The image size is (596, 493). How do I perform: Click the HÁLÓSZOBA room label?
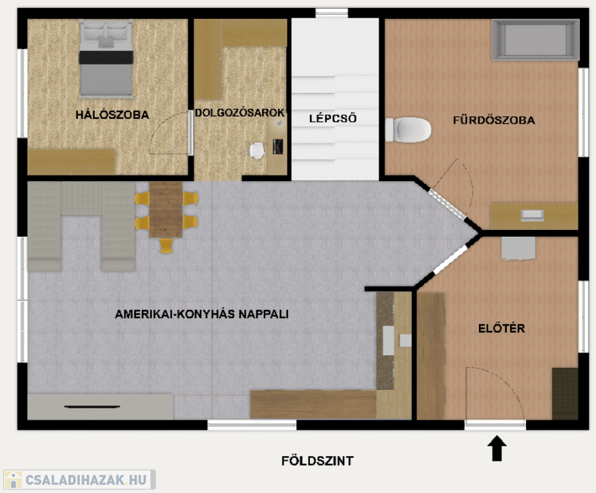click(x=112, y=115)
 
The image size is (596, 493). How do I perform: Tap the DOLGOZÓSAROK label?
click(x=239, y=112)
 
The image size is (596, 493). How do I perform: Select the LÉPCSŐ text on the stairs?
click(x=332, y=118)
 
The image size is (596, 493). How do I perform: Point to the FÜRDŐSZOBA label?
click(x=494, y=120)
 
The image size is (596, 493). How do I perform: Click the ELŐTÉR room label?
click(x=501, y=328)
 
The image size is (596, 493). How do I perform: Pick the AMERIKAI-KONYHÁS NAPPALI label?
click(x=201, y=314)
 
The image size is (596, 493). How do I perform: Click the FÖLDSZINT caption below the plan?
click(x=318, y=461)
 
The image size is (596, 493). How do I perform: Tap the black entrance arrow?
click(x=497, y=449)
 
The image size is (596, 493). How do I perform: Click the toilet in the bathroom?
click(x=408, y=130)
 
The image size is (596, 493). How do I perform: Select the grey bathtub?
click(x=535, y=40)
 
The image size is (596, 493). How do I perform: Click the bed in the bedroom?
click(x=106, y=59)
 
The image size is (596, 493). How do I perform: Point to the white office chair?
click(x=257, y=151)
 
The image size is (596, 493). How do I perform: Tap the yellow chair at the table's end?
click(x=166, y=245)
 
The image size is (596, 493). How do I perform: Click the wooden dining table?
click(x=165, y=209)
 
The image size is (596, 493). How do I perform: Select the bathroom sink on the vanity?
click(x=532, y=215)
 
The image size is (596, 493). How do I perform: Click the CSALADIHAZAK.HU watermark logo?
click(x=79, y=480)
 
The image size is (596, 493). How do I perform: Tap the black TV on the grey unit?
click(x=92, y=407)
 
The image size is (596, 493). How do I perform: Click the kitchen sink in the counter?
click(x=388, y=340)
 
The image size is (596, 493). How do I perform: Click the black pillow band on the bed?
click(x=106, y=57)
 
